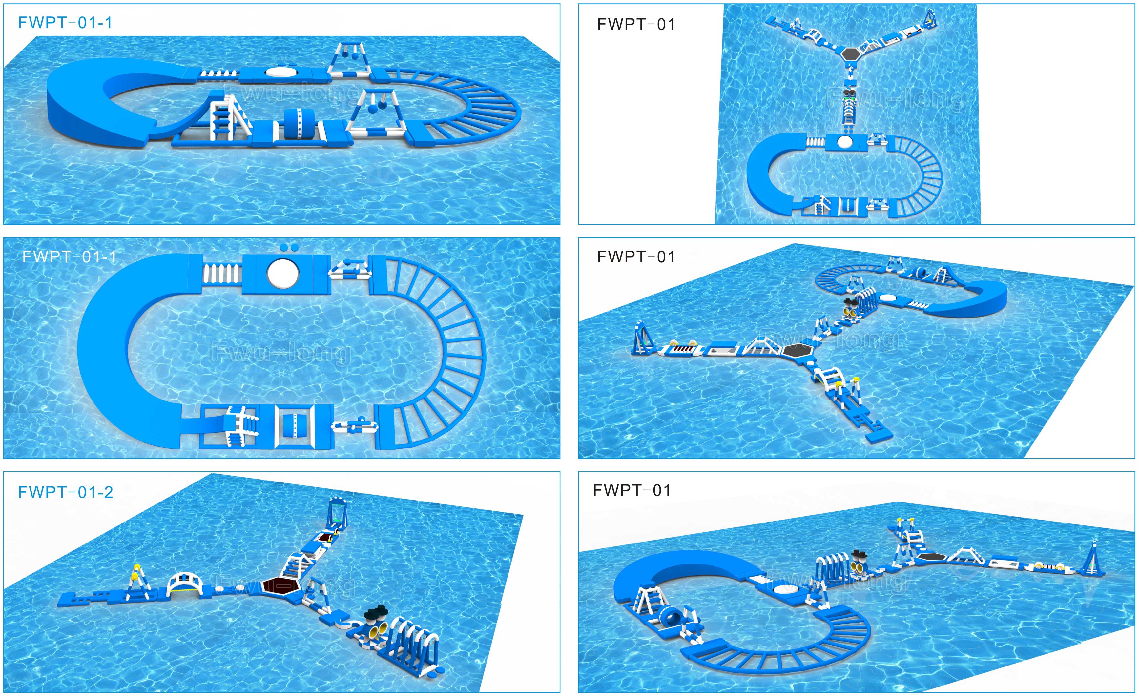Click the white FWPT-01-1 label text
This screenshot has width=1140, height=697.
coord(70,257)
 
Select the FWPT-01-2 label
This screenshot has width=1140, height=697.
coord(65,492)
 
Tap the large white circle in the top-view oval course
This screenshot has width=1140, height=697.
coord(283,273)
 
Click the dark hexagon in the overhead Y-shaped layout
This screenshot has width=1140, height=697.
coord(852,54)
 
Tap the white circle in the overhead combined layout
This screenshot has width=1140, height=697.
coord(844,142)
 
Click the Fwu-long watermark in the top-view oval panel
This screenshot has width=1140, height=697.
coord(280,353)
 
